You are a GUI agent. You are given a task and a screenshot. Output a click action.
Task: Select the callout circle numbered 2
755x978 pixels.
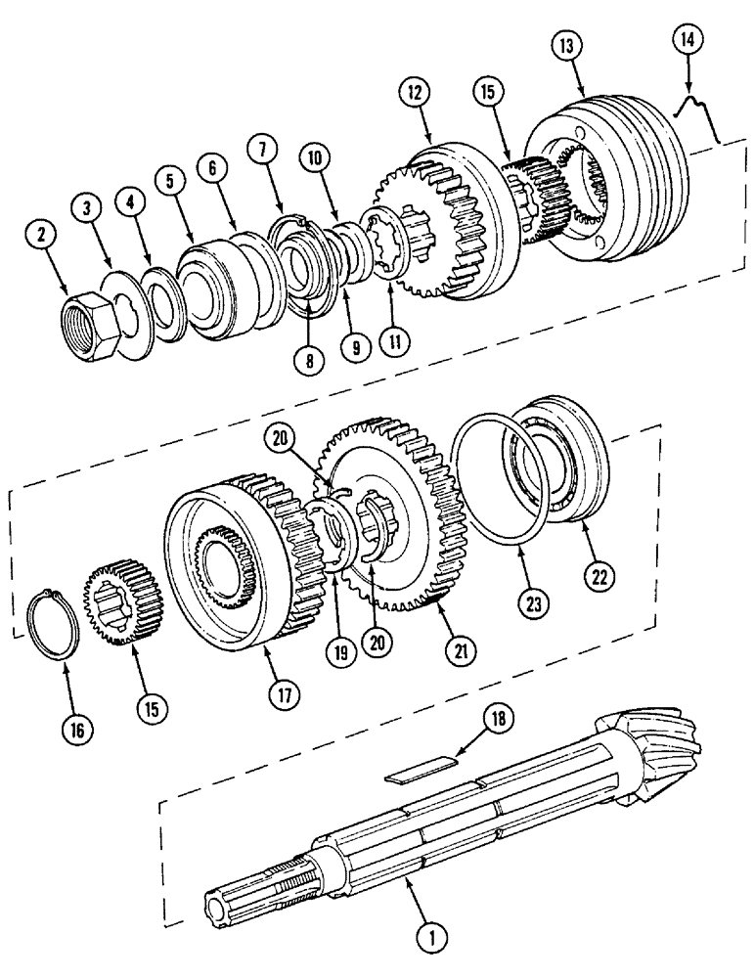coord(42,235)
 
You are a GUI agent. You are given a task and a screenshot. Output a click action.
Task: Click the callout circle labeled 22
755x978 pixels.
coord(600,578)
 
